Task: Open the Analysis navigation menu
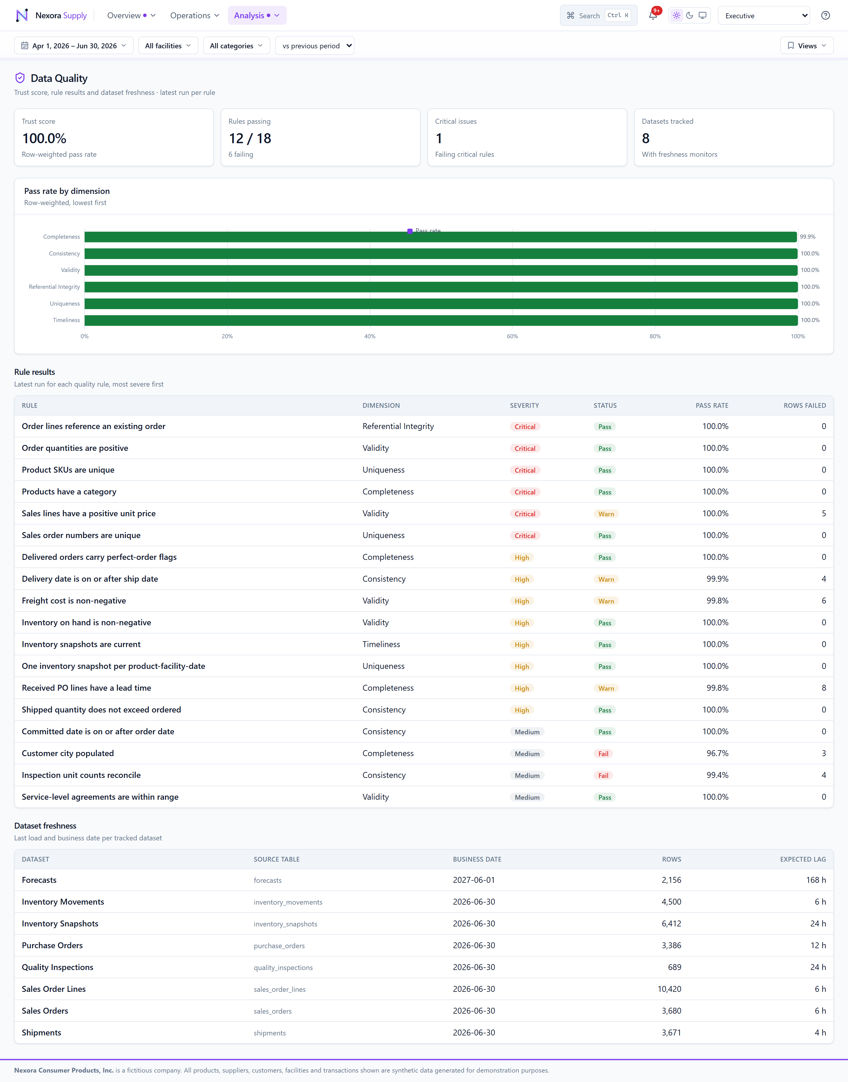pyautogui.click(x=257, y=15)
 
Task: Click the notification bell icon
pyautogui.click(x=653, y=15)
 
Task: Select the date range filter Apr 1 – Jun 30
pyautogui.click(x=74, y=46)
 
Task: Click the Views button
pyautogui.click(x=807, y=46)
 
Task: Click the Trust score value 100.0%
pyautogui.click(x=44, y=138)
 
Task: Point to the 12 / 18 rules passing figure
pyautogui.click(x=250, y=138)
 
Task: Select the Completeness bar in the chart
pyautogui.click(x=440, y=237)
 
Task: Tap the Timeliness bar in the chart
pyautogui.click(x=441, y=320)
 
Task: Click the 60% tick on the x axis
pyautogui.click(x=512, y=336)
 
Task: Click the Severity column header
pyautogui.click(x=524, y=405)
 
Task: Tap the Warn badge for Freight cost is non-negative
pyautogui.click(x=606, y=601)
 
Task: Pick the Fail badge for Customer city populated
pyautogui.click(x=603, y=754)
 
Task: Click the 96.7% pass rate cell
pyautogui.click(x=718, y=753)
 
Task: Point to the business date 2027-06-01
pyautogui.click(x=474, y=880)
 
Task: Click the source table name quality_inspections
pyautogui.click(x=283, y=967)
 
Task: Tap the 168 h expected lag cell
pyautogui.click(x=816, y=880)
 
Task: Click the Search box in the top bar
pyautogui.click(x=598, y=15)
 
